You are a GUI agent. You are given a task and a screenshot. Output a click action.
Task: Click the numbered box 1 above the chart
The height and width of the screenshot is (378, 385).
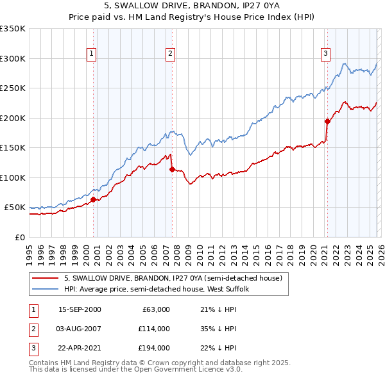(92, 54)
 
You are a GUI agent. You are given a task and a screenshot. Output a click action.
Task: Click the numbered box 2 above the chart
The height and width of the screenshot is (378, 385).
(171, 54)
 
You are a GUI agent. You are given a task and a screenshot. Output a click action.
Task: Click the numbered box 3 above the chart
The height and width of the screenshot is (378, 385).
(325, 54)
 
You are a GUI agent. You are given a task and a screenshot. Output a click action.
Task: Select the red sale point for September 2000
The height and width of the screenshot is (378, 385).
(93, 199)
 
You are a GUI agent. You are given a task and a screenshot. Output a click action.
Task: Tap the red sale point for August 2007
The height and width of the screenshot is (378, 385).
(171, 169)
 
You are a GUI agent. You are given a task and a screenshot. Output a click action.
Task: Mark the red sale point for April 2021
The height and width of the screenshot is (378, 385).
(327, 121)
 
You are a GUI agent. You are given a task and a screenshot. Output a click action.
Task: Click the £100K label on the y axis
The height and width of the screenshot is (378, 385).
(13, 177)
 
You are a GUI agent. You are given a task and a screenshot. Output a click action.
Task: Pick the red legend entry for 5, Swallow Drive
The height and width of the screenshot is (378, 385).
(173, 279)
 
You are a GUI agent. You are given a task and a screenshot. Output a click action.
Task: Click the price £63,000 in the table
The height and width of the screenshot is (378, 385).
(156, 309)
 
